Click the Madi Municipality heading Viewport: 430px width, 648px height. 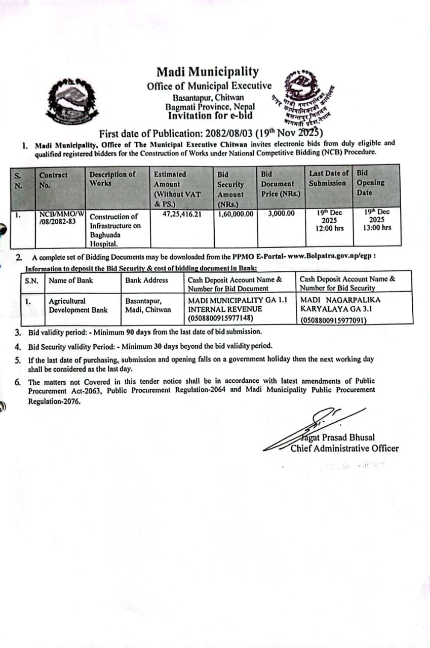[207, 72]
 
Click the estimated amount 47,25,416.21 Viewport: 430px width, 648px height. [182, 214]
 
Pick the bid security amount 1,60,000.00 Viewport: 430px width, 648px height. [236, 214]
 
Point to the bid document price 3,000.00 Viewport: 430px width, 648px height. [281, 214]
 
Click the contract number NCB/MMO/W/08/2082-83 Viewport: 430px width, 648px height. [61, 218]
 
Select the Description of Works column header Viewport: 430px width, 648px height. [112, 178]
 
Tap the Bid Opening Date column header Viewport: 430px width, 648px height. [370, 183]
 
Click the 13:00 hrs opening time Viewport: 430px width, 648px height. [377, 228]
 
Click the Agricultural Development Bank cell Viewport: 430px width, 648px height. [78, 305]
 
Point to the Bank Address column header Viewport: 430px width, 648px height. [146, 280]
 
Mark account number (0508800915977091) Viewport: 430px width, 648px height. [333, 320]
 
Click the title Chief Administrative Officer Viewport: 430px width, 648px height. [344, 448]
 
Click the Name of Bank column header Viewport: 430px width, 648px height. [71, 280]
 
